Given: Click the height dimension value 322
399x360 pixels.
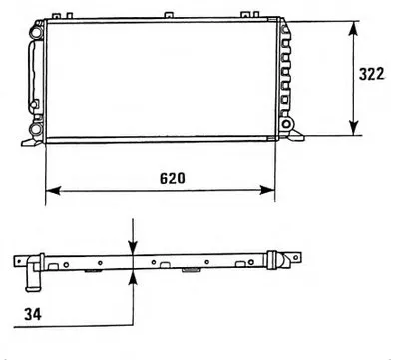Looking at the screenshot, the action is (371, 74).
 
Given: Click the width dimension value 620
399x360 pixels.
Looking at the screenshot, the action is (173, 179).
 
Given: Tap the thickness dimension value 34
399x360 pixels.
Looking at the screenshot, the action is (33, 314).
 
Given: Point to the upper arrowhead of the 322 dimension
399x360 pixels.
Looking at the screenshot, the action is (353, 30).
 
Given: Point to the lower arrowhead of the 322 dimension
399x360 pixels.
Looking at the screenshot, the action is (353, 128).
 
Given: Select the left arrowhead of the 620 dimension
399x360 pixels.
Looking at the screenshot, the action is (53, 190).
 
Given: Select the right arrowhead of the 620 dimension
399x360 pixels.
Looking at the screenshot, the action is (267, 190).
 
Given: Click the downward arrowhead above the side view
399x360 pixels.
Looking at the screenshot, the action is (133, 247).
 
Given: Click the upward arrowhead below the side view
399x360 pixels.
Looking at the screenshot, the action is (133, 277).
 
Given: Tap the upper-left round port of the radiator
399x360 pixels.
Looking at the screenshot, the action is (36, 32).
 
